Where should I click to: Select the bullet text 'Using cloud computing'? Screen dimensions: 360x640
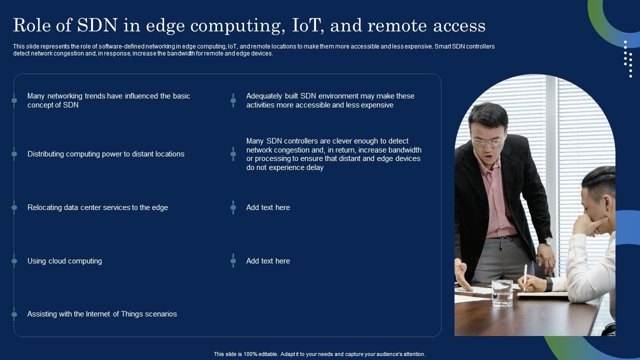tap(64, 261)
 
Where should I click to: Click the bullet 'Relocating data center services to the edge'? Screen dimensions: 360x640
tap(97, 207)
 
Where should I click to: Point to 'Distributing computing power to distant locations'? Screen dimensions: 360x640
tap(105, 154)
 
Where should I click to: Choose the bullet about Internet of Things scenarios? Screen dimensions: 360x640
tap(102, 314)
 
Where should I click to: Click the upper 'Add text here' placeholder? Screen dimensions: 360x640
tap(268, 207)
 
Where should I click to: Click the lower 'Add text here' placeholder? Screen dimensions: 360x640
tap(268, 261)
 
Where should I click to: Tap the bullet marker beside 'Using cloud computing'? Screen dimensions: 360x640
tap(14, 261)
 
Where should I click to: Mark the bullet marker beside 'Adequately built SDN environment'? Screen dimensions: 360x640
tap(233, 100)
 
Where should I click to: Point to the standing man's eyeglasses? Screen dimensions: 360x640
tap(486, 141)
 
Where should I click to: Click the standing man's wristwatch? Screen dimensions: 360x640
tap(548, 241)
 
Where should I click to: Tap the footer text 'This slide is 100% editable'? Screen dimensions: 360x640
tap(319, 354)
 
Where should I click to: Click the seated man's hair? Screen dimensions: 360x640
tap(600, 180)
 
